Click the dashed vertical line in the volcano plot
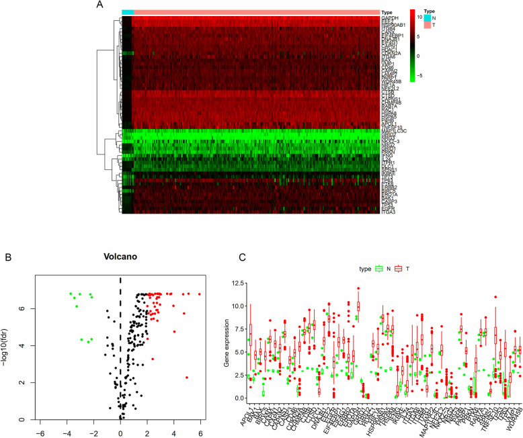[120, 336]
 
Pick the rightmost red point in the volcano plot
[199, 294]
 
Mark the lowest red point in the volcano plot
[187, 377]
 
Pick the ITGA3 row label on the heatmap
[389, 212]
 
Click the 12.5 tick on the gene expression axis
[233, 267]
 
